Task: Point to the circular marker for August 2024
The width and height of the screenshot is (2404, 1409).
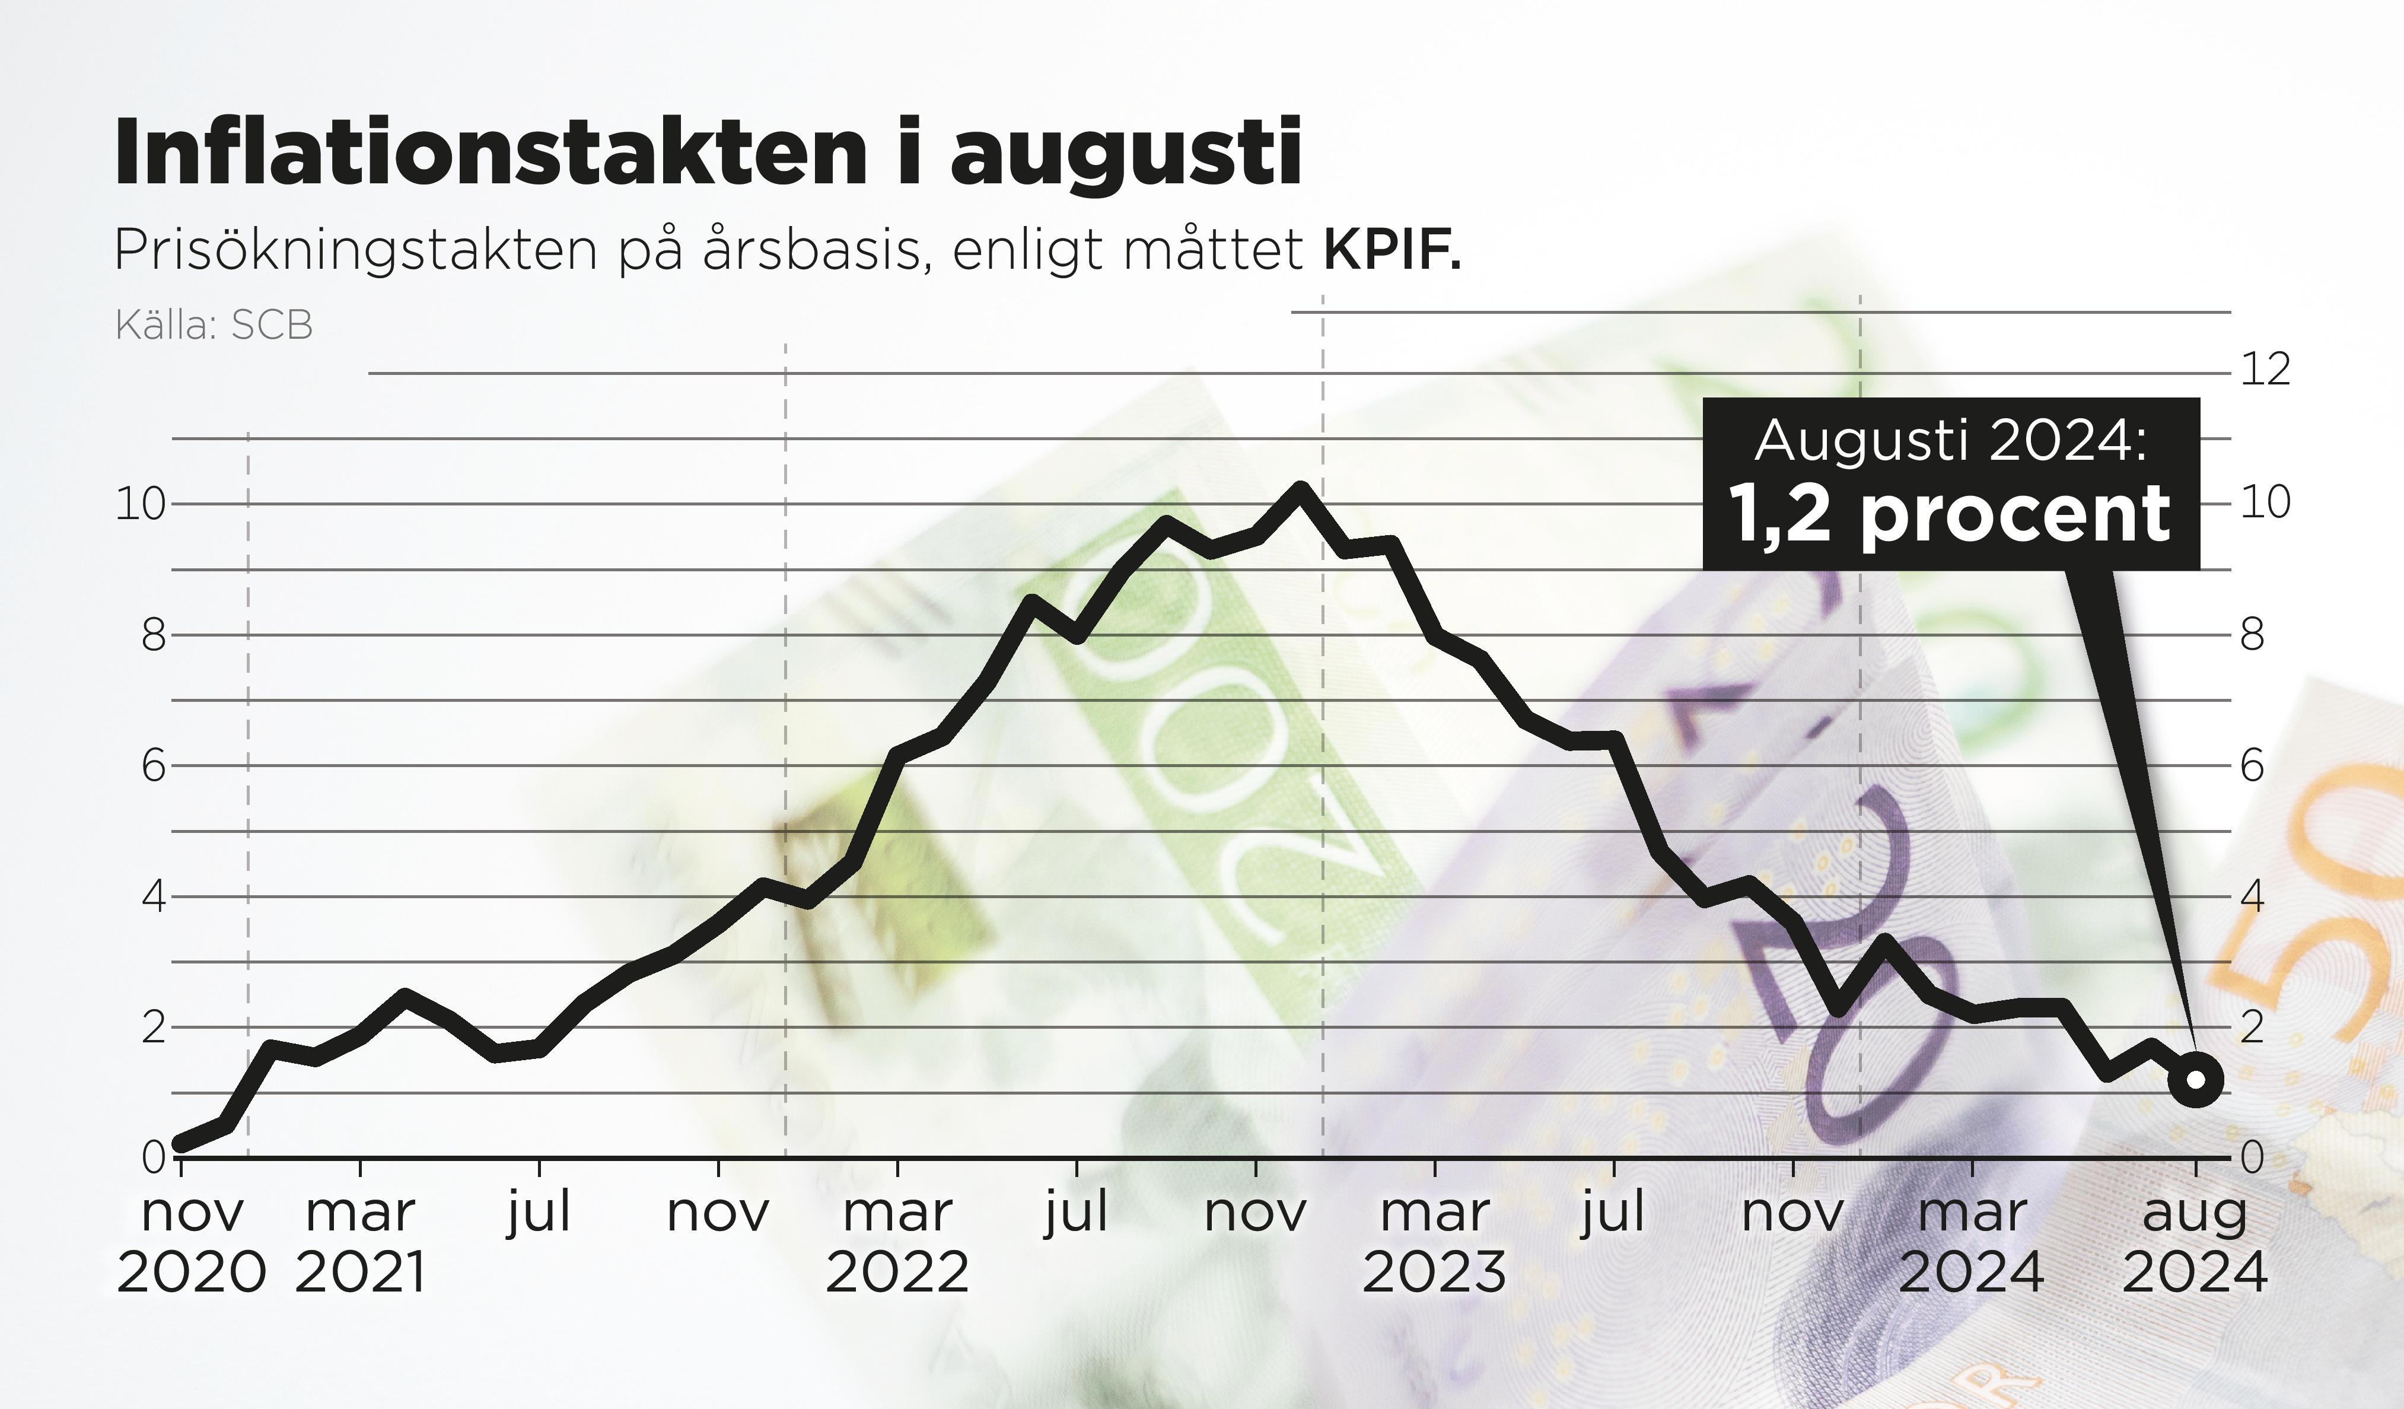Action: tap(2195, 1080)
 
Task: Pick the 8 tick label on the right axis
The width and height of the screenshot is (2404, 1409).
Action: tap(2252, 634)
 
